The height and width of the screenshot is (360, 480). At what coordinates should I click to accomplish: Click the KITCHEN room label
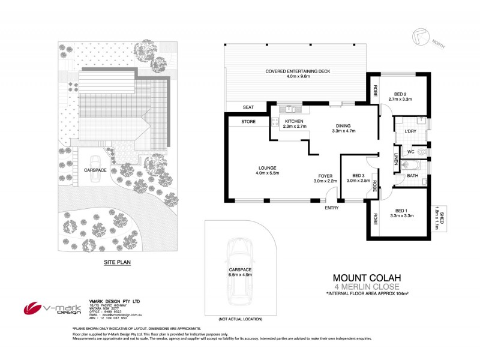[294, 121]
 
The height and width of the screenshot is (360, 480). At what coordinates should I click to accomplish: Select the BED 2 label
[401, 94]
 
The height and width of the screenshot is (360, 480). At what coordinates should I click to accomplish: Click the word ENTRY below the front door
[331, 208]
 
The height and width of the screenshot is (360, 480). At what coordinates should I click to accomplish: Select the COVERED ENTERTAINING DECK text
[298, 72]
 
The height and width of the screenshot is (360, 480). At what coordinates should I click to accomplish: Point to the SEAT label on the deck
[247, 107]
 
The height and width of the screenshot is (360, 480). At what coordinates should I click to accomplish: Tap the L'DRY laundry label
[411, 131]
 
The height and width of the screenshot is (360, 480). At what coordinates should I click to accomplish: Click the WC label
[410, 151]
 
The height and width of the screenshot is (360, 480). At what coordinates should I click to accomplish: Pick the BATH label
[412, 175]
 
